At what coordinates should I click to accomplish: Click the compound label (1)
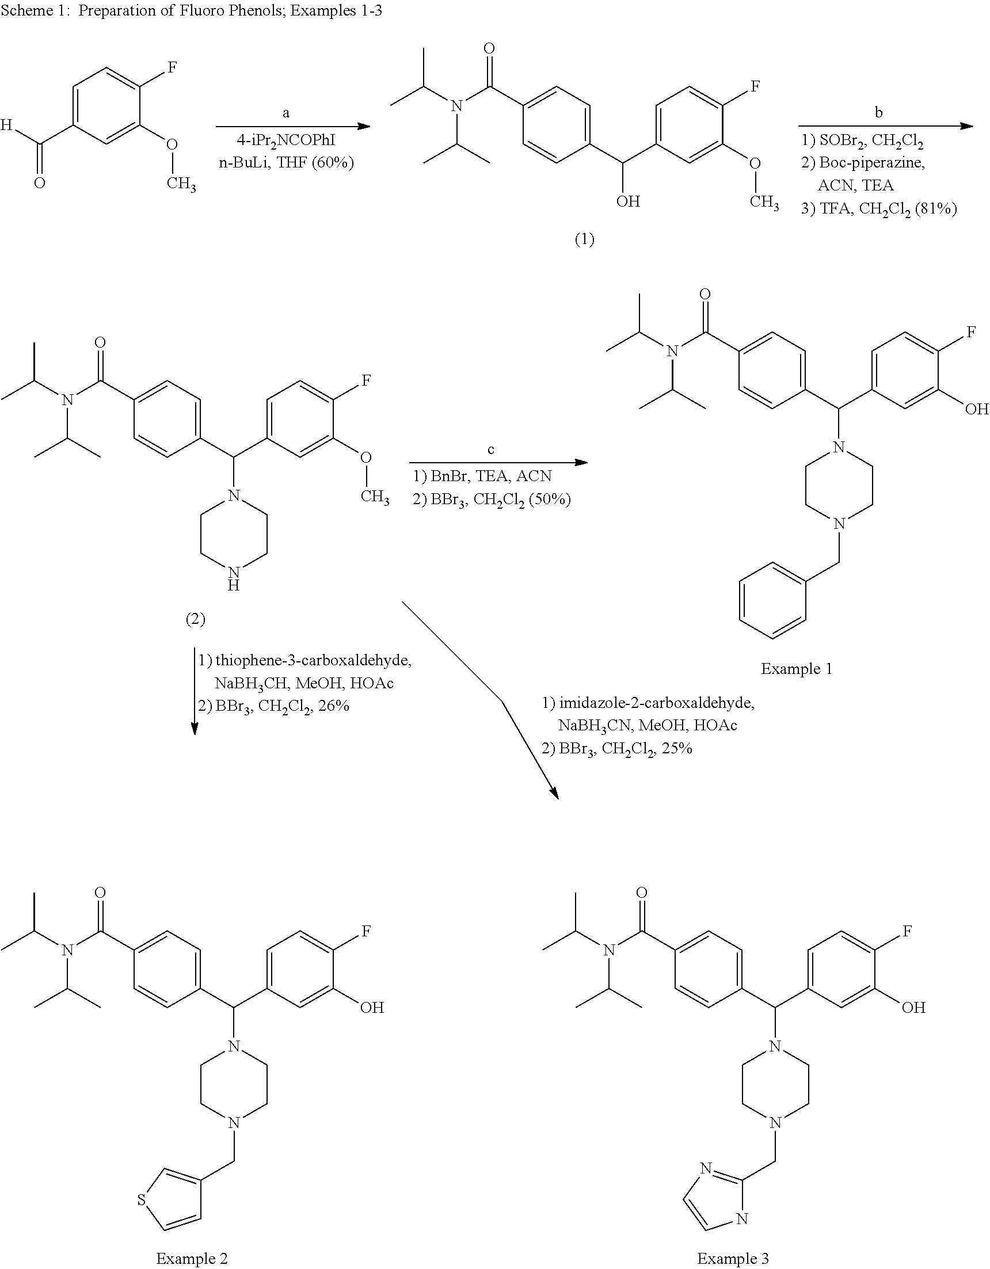584,239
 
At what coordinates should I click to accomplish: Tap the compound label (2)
195,619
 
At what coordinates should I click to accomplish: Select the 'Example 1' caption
797,669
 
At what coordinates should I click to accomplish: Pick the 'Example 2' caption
192,1259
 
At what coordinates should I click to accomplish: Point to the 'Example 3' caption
733,1259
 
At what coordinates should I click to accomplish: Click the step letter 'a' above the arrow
286,113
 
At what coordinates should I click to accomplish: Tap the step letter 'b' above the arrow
878,112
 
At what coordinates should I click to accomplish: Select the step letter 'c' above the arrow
490,449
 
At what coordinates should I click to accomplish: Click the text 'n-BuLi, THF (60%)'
287,163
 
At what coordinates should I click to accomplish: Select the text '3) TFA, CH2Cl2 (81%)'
879,208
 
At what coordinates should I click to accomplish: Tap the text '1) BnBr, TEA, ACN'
482,477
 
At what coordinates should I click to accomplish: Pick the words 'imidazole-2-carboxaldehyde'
657,704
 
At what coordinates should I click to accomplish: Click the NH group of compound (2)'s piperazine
234,578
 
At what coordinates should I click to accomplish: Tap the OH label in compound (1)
628,201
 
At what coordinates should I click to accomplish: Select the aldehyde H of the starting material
6,124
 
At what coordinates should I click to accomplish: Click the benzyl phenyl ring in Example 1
772,601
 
